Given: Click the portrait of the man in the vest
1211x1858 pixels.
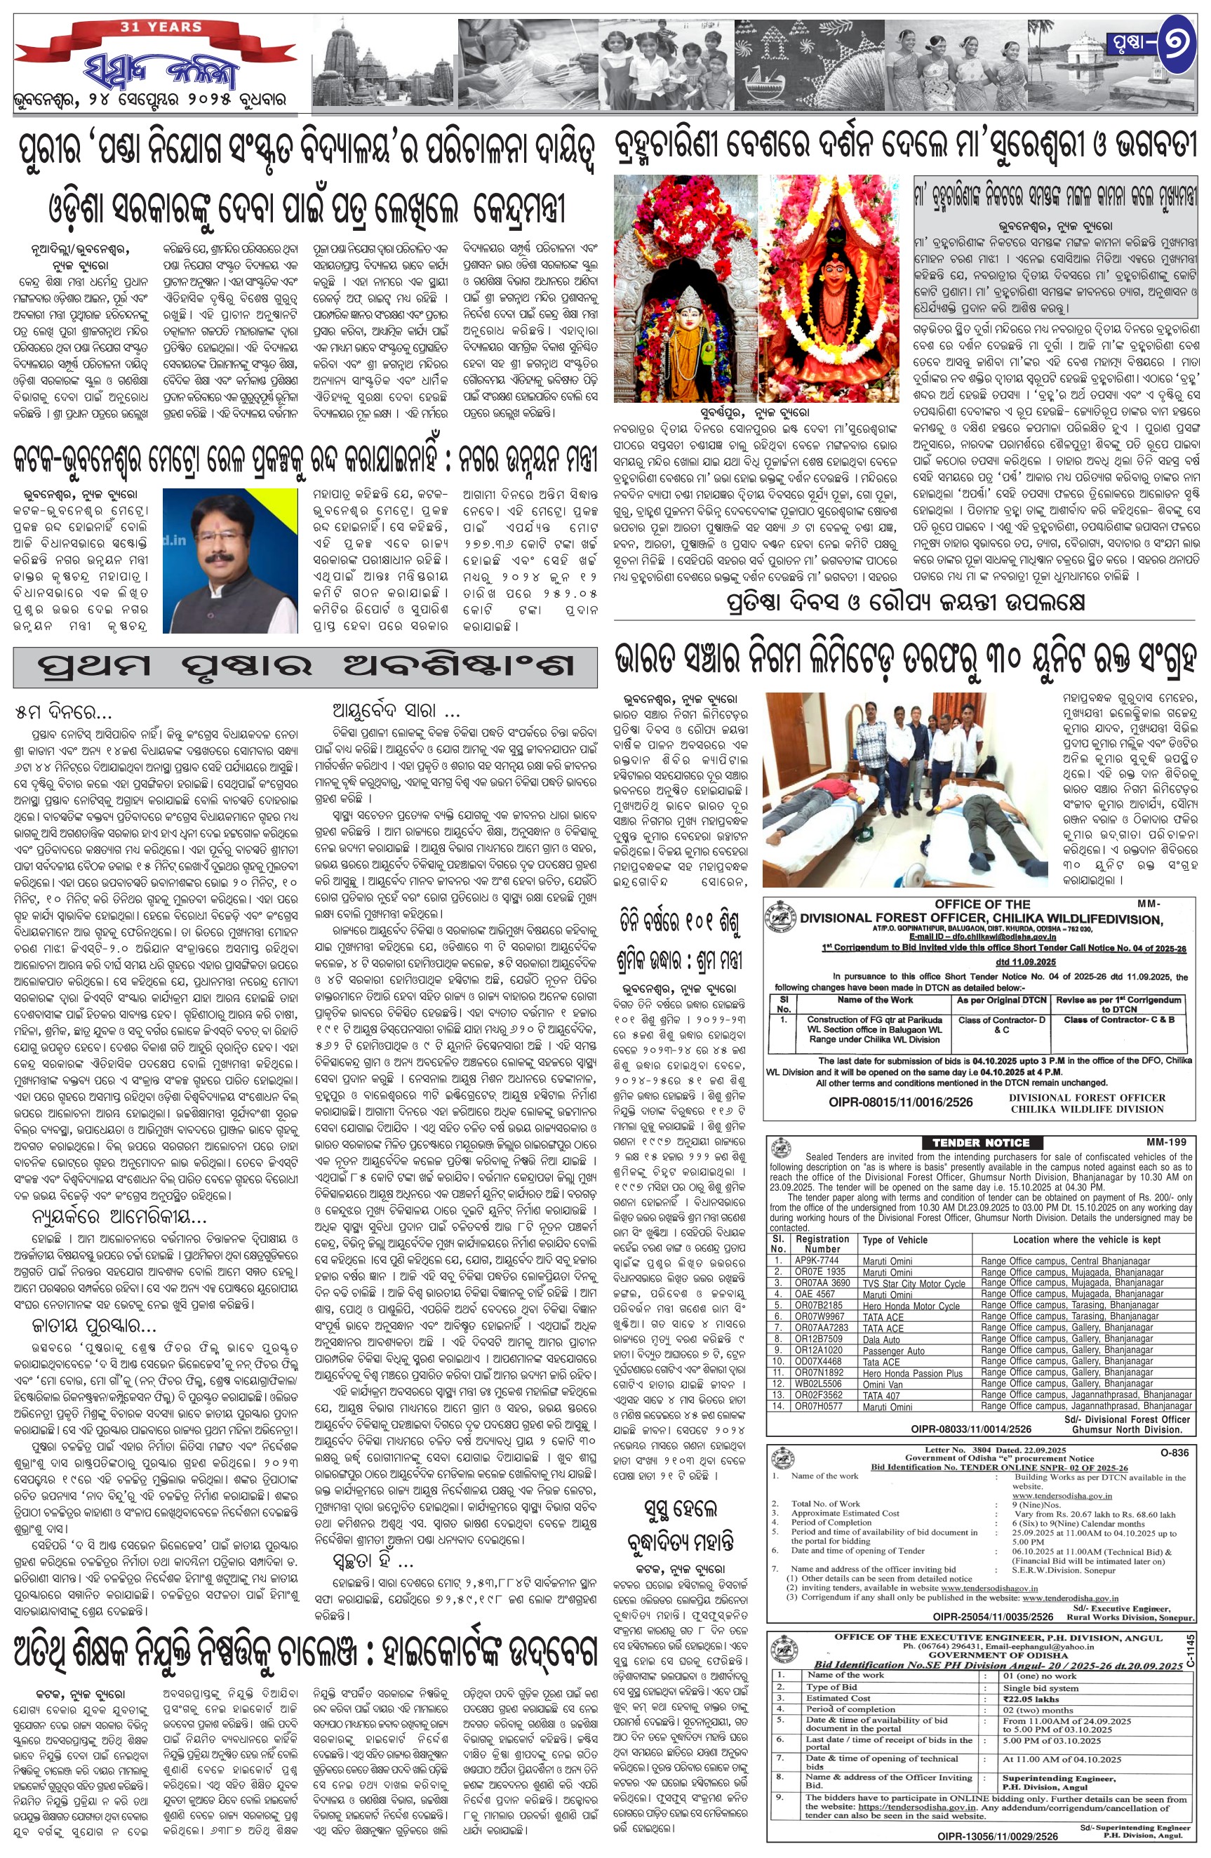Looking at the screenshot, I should (230, 561).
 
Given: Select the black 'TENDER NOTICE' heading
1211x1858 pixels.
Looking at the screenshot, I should (981, 1142).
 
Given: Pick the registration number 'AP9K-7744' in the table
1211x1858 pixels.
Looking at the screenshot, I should (816, 1260).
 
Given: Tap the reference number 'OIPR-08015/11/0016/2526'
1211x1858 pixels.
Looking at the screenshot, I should (900, 1102).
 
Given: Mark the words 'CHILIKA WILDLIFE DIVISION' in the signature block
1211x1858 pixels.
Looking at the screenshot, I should (1087, 1109).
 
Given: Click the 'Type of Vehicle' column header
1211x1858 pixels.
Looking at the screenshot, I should (895, 1239).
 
